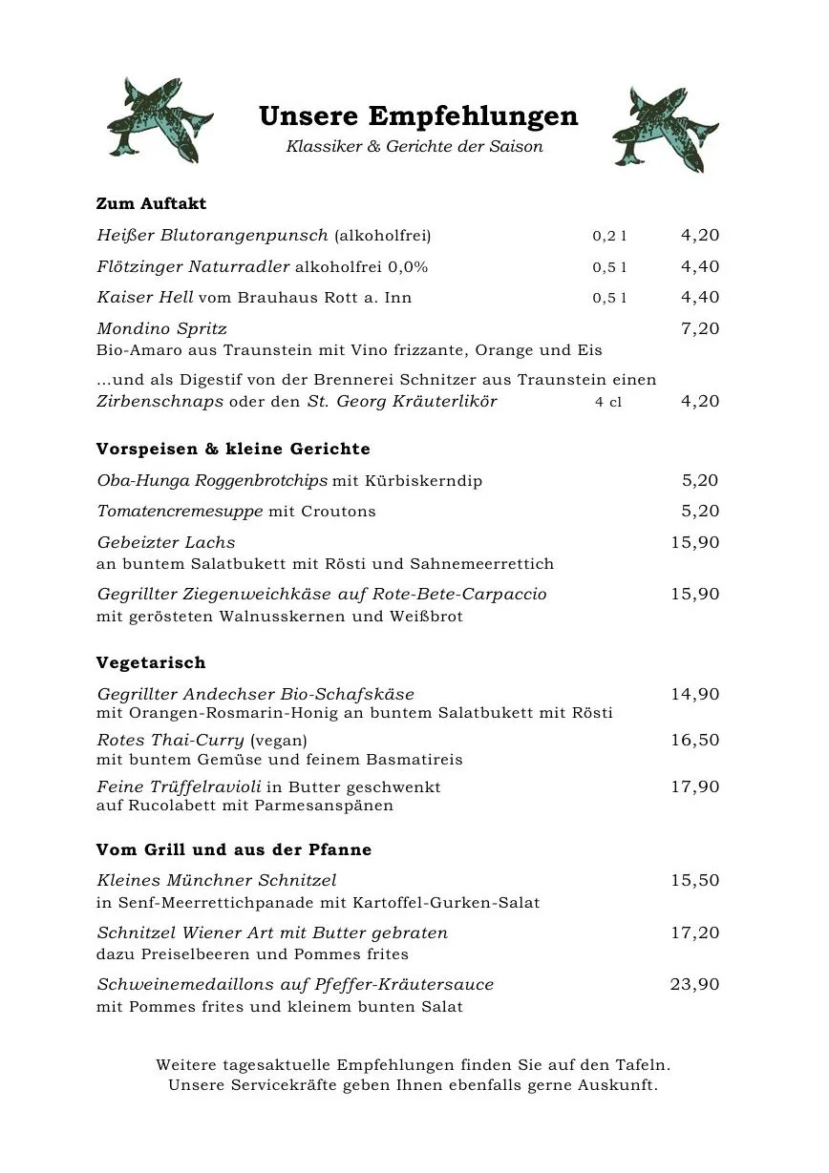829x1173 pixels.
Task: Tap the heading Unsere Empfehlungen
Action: [418, 116]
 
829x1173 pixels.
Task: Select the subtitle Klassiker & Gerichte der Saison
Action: [414, 147]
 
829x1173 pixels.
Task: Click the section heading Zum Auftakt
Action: [151, 203]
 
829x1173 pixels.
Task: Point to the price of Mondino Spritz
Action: [700, 328]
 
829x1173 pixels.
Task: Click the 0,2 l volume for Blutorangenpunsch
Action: [609, 236]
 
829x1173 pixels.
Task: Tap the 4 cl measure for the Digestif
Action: [608, 402]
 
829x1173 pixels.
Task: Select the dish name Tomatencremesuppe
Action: [180, 511]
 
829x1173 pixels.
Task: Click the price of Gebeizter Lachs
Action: [695, 542]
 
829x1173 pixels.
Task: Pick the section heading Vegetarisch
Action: [151, 662]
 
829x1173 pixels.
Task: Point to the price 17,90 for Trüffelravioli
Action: [695, 786]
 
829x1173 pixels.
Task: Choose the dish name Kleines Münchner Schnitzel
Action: [217, 880]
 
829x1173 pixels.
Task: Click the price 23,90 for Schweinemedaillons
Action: [695, 984]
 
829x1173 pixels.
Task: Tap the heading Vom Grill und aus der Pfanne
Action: [234, 849]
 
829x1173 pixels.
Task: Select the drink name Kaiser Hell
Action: [145, 297]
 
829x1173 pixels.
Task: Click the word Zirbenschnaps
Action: [159, 401]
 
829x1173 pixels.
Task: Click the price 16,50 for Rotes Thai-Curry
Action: [695, 740]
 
